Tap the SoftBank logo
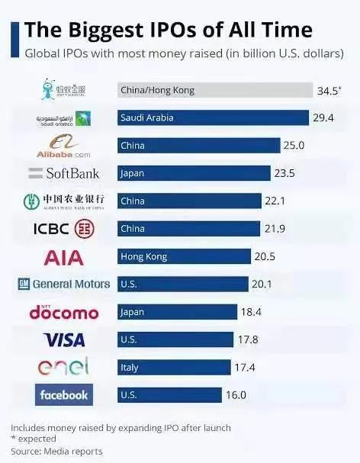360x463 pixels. (64, 173)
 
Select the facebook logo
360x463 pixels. (64, 394)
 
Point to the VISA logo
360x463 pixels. (64, 339)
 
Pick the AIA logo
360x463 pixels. (64, 256)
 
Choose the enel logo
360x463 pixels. (64, 366)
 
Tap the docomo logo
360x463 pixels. (64, 312)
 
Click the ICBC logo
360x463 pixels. (64, 228)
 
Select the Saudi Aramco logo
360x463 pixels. (64, 118)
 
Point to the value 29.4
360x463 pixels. (323, 118)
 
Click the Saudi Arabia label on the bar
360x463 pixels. (147, 118)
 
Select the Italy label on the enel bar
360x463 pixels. (130, 367)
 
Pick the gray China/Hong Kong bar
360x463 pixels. (214, 90)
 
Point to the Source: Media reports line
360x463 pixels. (56, 452)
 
